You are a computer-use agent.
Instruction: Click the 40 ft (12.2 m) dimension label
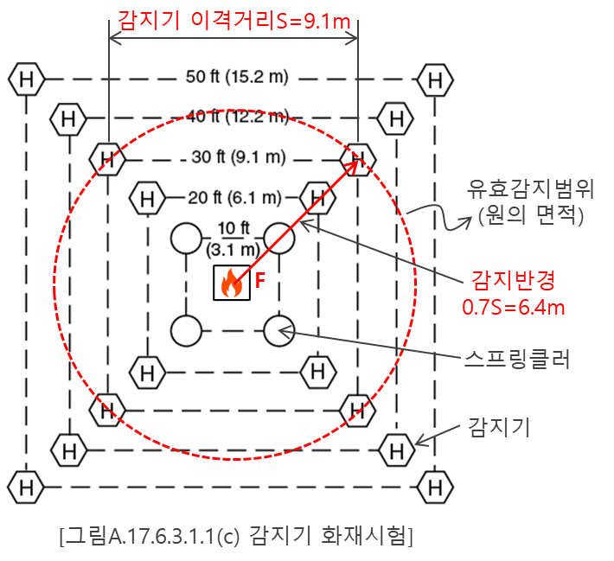click(237, 115)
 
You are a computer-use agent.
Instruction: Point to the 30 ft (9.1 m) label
click(237, 157)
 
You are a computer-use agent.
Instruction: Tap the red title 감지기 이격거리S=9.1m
click(233, 18)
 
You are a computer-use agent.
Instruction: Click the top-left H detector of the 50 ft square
click(27, 80)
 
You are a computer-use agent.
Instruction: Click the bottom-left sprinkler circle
click(186, 330)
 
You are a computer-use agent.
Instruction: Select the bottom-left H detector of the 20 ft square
click(148, 373)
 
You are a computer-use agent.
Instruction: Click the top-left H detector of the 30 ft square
click(107, 159)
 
